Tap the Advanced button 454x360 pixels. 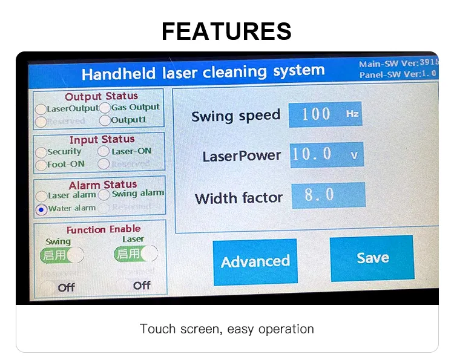(255, 261)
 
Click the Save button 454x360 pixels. (372, 258)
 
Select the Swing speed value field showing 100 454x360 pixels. (325, 114)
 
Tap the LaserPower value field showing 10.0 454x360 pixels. (326, 155)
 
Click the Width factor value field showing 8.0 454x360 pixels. (328, 195)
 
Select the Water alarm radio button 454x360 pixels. (41, 209)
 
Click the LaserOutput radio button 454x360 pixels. (41, 110)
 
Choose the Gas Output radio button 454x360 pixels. (105, 108)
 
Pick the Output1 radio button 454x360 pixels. (105, 120)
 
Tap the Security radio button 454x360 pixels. (41, 152)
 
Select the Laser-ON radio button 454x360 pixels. (104, 151)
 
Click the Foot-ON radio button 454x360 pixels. (41, 165)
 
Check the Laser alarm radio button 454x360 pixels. (41, 196)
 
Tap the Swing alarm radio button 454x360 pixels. (104, 195)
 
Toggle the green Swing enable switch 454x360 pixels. (62, 255)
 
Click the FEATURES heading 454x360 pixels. (226, 30)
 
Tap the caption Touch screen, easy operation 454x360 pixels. (227, 329)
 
